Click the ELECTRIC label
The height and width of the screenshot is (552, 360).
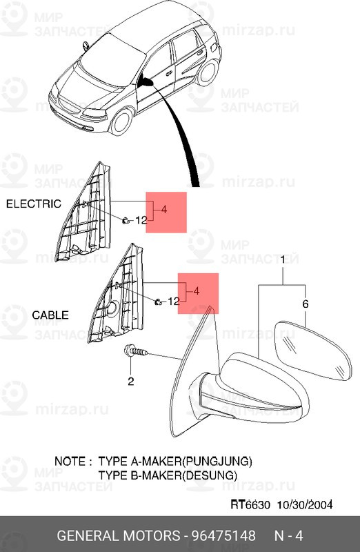34,204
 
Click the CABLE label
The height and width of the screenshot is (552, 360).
50,315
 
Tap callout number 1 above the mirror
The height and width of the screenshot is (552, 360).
283,260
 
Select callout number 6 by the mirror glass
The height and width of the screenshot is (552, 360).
306,304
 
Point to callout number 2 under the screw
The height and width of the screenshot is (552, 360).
131,381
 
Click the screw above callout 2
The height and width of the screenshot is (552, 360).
136,351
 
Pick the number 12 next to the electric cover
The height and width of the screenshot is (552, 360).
141,220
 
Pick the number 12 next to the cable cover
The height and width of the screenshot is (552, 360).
173,302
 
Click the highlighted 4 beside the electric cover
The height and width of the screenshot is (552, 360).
164,210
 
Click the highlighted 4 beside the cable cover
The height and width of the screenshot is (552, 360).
197,291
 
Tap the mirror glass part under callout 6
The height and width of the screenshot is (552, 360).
312,350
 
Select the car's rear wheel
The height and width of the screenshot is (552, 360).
208,73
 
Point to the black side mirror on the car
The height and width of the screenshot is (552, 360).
145,81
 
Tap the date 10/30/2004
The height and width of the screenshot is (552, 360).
305,504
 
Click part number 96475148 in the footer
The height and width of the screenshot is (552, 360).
223,536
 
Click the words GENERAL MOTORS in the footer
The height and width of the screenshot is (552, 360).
118,536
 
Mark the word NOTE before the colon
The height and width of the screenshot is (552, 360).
70,461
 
